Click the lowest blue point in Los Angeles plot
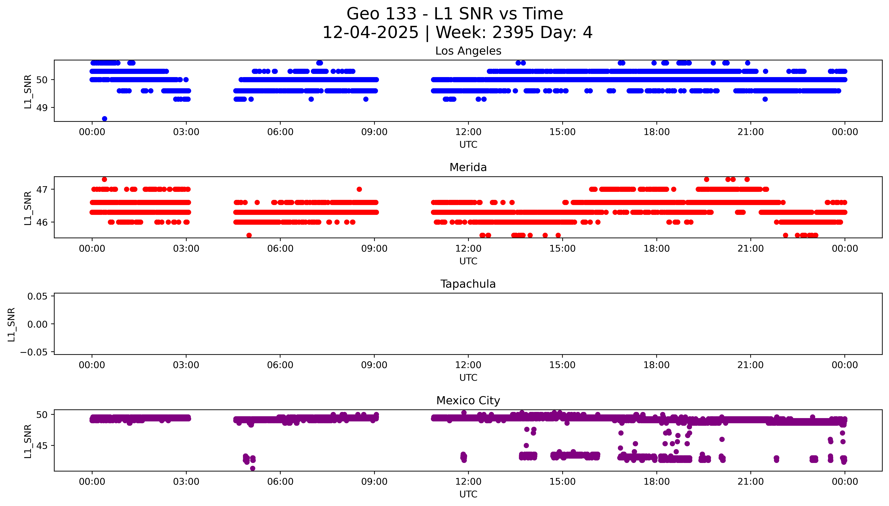(104, 118)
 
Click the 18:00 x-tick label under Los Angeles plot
(656, 132)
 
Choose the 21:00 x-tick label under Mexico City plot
(751, 482)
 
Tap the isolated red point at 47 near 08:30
(359, 189)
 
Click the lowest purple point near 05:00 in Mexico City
(253, 468)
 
